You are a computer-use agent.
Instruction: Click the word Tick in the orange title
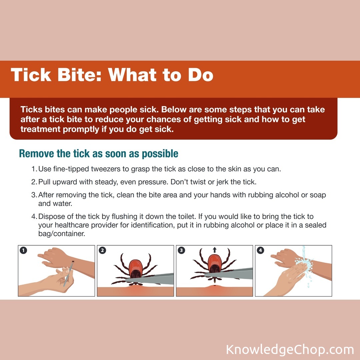click(x=31, y=75)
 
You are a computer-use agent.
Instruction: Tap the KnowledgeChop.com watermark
click(x=290, y=350)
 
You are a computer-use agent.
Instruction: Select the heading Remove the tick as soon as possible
click(x=99, y=154)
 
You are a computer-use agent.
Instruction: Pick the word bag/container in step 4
click(x=62, y=234)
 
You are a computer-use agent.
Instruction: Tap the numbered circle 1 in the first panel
click(x=23, y=250)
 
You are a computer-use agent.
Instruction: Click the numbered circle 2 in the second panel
click(x=102, y=250)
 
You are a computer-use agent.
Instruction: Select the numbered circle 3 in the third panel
click(x=181, y=250)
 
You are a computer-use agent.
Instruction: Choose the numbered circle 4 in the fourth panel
click(x=260, y=250)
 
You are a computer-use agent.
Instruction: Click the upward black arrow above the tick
click(x=214, y=250)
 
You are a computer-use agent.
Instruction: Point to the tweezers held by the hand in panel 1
click(x=69, y=274)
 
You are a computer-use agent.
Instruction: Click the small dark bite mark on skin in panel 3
click(x=215, y=286)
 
